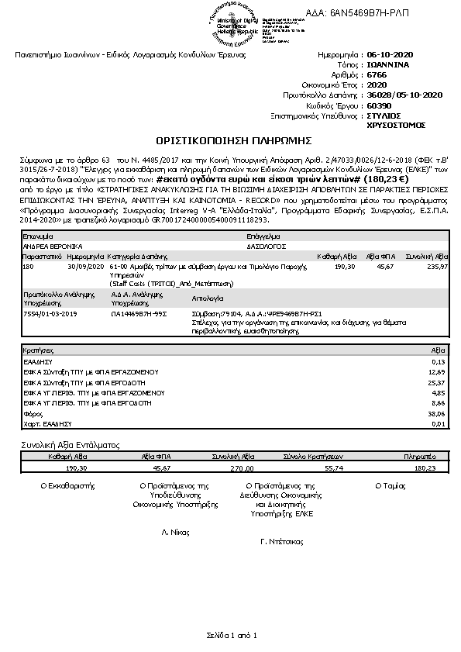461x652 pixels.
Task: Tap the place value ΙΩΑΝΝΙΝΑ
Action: coord(390,66)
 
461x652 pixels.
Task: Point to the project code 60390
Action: coord(378,105)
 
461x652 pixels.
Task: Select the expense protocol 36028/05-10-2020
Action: coord(404,95)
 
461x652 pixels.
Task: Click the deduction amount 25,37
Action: coord(437,382)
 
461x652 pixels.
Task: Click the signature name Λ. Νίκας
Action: coord(175,533)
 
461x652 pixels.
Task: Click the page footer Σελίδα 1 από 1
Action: coord(231,636)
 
